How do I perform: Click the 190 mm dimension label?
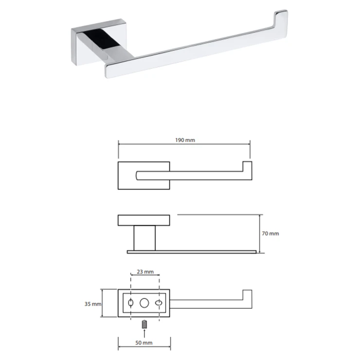click(185, 140)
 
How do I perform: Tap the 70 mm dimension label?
click(270, 234)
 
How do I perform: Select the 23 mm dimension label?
click(145, 271)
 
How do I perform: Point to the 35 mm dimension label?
click(93, 304)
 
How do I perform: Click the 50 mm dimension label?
click(144, 343)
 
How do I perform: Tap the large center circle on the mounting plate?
click(144, 303)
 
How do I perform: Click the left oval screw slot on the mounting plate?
click(131, 303)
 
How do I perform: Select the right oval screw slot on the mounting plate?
click(159, 303)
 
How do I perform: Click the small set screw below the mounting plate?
click(144, 324)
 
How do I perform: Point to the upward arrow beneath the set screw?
click(144, 333)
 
